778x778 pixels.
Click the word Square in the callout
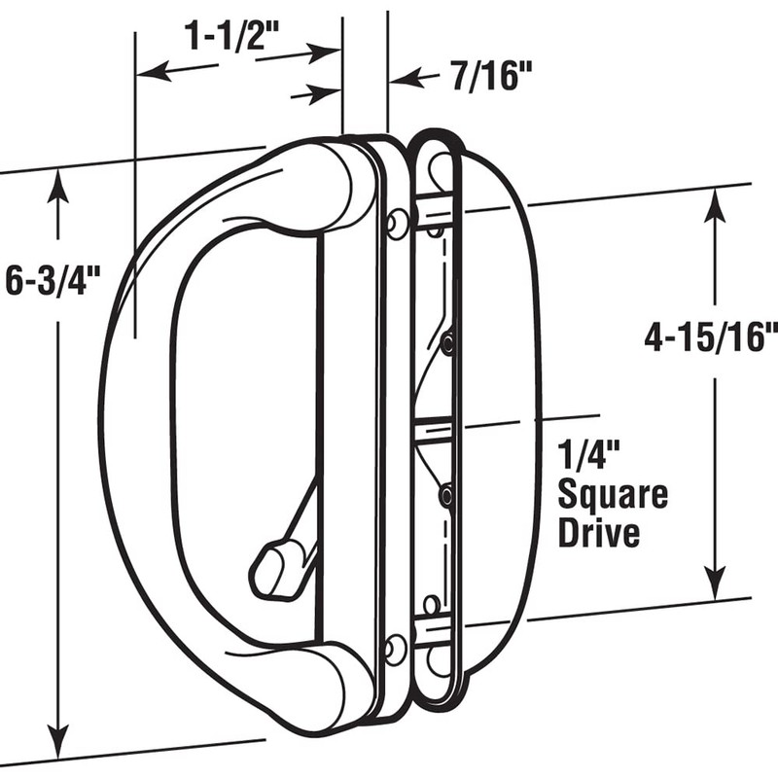(612, 495)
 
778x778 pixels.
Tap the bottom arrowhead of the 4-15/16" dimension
(716, 587)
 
